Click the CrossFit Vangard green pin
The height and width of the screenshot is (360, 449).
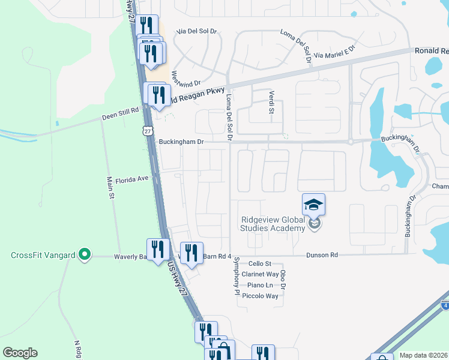(x=85, y=254)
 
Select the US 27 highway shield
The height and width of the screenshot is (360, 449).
(x=148, y=130)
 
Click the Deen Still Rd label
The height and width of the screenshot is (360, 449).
(x=120, y=111)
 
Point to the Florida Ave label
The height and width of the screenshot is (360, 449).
(x=131, y=179)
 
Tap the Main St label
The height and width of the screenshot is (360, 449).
(x=110, y=186)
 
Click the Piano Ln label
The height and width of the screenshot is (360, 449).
(x=261, y=286)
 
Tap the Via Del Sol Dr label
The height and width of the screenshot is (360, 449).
(x=197, y=31)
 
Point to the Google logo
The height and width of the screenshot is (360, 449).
(x=20, y=353)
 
